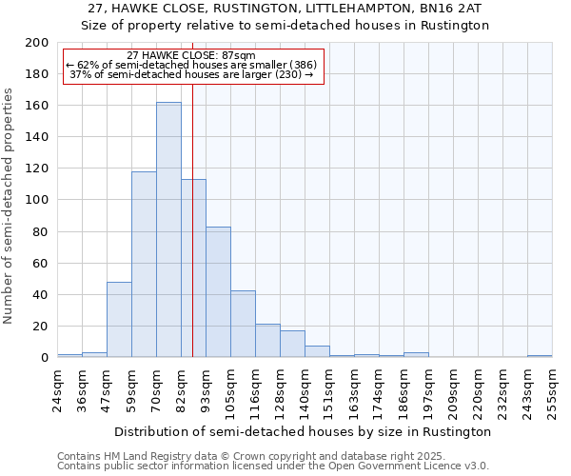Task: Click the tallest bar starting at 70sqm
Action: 168,229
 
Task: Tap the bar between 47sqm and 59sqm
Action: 119,320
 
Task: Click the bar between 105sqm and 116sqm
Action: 243,324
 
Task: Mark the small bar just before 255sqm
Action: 540,356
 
